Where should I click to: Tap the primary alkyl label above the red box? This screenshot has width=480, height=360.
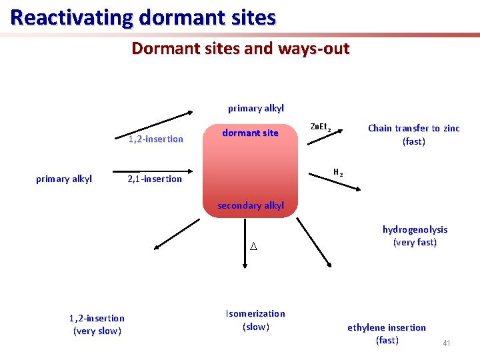click(x=256, y=108)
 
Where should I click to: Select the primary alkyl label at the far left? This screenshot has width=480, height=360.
click(x=64, y=179)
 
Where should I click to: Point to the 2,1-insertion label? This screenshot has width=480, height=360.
click(x=155, y=179)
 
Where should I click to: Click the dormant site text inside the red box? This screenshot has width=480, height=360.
click(x=250, y=133)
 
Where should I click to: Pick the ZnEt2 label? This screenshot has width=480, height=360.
click(x=321, y=127)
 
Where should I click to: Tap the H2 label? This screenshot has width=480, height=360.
click(x=338, y=173)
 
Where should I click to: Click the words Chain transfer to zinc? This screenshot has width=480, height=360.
click(x=413, y=128)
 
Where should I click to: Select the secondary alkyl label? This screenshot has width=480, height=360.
click(x=251, y=205)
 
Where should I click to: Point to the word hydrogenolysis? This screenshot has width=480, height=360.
click(x=415, y=229)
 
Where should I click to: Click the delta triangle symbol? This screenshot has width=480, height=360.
click(x=253, y=247)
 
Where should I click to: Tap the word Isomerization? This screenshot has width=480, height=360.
click(x=255, y=313)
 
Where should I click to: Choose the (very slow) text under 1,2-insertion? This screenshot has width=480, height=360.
click(x=97, y=331)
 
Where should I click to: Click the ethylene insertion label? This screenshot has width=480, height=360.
click(x=387, y=327)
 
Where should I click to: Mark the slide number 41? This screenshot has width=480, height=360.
click(x=446, y=343)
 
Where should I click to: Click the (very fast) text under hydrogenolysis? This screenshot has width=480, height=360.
click(x=415, y=242)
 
